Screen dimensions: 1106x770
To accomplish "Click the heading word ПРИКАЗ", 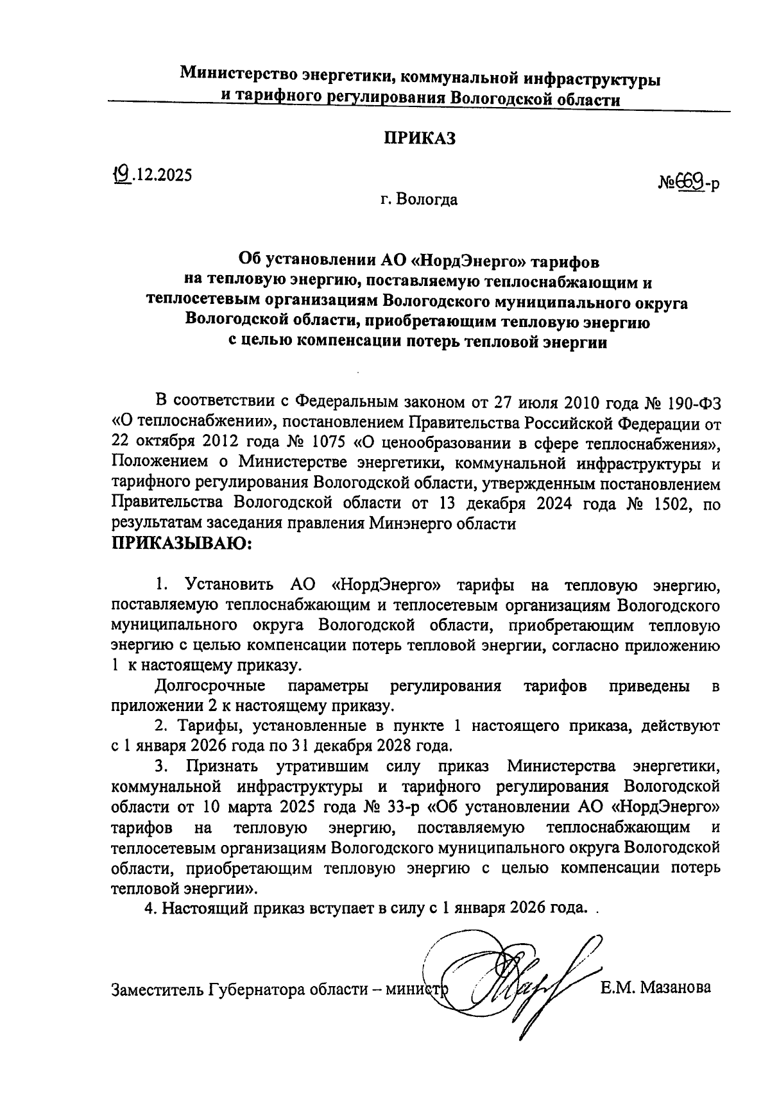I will (x=420, y=138).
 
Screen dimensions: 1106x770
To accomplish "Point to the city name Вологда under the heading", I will (x=427, y=200).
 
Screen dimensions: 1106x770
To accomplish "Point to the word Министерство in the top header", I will (x=236, y=74).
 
